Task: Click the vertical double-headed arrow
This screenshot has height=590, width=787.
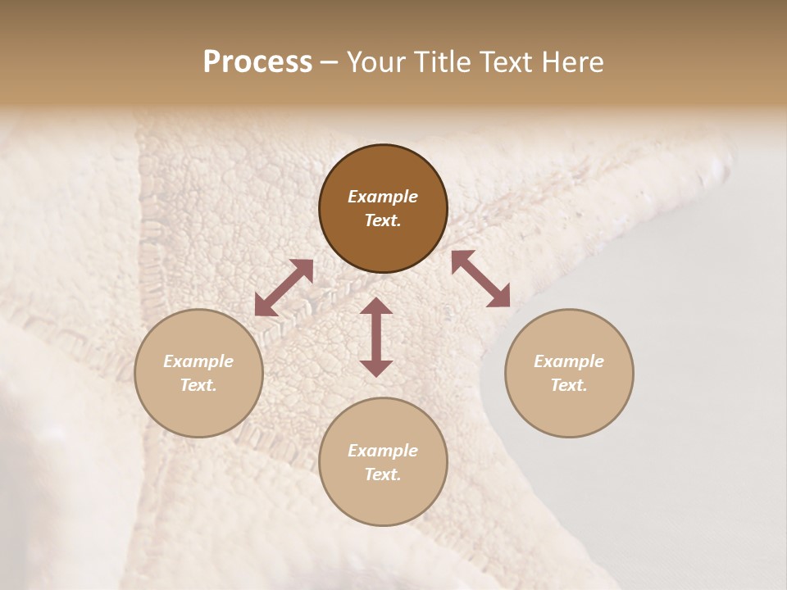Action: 376,337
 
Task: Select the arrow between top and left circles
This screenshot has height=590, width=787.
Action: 284,288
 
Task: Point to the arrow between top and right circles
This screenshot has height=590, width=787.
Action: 480,279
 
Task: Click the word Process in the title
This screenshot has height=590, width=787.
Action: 257,61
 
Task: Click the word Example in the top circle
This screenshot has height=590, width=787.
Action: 383,197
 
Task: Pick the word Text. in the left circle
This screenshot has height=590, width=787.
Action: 198,385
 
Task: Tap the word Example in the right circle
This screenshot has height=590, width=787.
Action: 569,361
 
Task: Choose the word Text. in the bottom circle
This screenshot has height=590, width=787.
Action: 383,474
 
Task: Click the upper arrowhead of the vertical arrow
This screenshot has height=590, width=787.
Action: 376,306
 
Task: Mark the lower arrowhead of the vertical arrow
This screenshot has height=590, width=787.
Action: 376,367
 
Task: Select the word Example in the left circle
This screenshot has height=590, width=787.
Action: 198,361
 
